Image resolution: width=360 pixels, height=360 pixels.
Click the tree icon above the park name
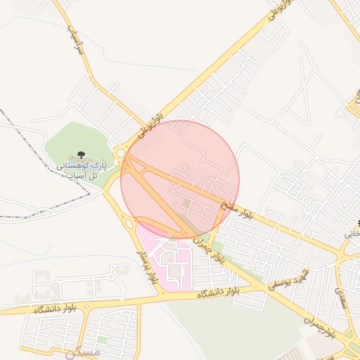pyautogui.click(x=81, y=153)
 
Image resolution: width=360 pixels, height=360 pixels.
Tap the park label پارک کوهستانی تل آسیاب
pyautogui.click(x=81, y=169)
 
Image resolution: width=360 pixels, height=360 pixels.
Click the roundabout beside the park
pyautogui.click(x=121, y=152)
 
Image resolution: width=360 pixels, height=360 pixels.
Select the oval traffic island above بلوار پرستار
pyautogui.click(x=129, y=224)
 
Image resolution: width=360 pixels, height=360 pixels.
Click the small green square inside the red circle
pyautogui.click(x=186, y=203)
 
